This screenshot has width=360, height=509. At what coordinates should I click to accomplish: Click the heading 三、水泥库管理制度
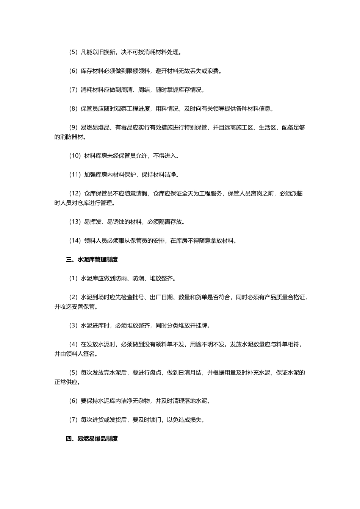tap(92, 259)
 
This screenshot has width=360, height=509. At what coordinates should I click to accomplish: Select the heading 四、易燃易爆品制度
tap(92, 439)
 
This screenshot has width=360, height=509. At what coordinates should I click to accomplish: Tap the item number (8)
tap(73, 109)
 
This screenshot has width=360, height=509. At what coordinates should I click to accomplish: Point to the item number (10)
tap(75, 156)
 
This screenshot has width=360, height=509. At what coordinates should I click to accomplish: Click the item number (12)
tap(75, 194)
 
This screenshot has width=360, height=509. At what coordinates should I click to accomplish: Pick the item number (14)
tap(75, 240)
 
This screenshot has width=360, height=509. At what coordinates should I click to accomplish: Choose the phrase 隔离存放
tap(170, 222)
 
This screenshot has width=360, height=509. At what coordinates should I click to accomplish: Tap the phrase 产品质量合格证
tap(285, 297)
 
